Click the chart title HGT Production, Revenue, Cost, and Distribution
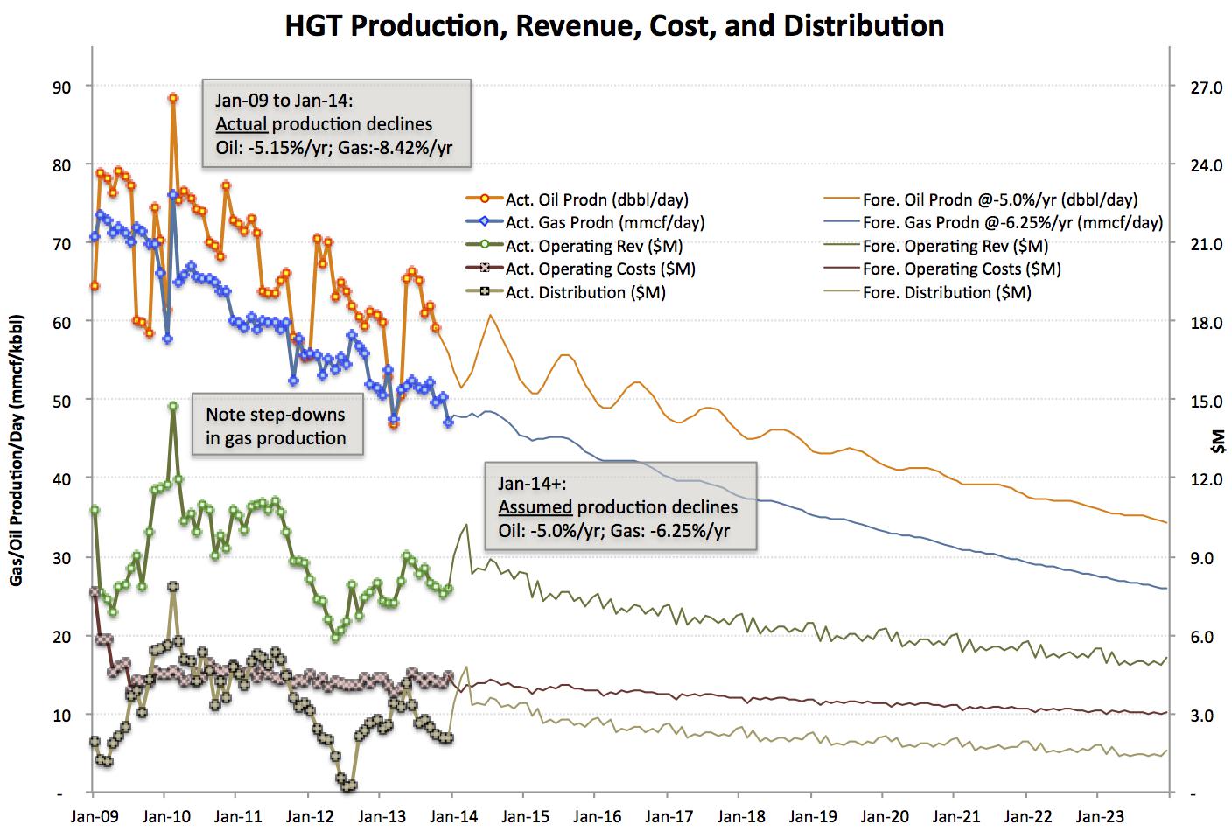click(x=615, y=25)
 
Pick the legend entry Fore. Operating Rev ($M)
click(x=955, y=247)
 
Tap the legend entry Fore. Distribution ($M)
click(x=947, y=293)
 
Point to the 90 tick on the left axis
click(x=61, y=87)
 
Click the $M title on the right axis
click(x=1219, y=443)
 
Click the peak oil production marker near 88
click(x=173, y=99)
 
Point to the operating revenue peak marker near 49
click(x=173, y=407)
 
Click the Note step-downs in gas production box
click(x=276, y=426)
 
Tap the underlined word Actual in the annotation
click(x=241, y=123)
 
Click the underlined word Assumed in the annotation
click(x=535, y=507)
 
